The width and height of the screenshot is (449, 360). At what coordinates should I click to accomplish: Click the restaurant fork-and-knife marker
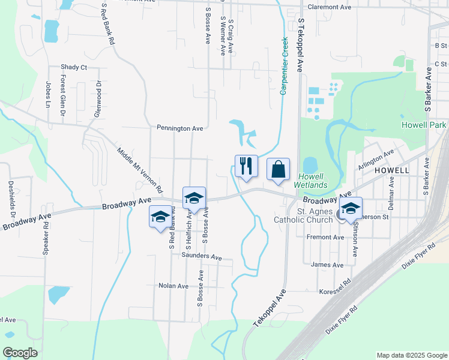pos(246,166)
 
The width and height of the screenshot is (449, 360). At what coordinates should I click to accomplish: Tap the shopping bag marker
pos(278,170)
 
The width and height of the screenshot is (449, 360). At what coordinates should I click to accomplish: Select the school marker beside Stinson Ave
pos(351,209)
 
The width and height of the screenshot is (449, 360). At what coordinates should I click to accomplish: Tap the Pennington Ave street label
pos(180,128)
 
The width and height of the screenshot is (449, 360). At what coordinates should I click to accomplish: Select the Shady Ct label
pos(74,67)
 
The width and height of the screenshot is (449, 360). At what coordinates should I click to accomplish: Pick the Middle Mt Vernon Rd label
pos(140,170)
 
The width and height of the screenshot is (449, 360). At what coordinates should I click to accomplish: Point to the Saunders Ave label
pos(202,256)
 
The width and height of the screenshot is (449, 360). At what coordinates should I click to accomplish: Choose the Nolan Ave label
pos(174,286)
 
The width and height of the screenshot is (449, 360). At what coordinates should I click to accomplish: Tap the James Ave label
pos(328,265)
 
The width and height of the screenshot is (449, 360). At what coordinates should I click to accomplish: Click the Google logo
pos(20,352)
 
